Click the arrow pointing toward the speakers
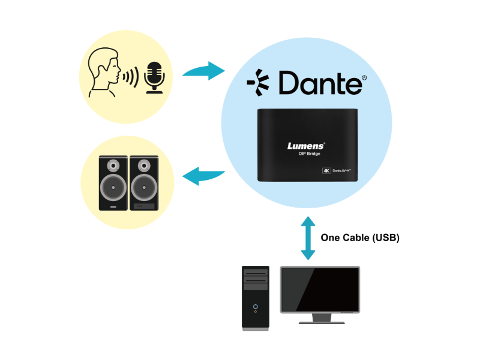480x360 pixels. click(x=203, y=176)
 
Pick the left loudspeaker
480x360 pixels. click(x=113, y=183)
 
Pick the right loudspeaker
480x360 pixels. click(x=145, y=183)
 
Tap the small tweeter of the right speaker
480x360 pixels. click(x=145, y=165)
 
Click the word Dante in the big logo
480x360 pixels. click(x=321, y=83)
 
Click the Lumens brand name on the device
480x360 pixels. click(x=307, y=145)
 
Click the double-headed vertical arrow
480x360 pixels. click(x=308, y=238)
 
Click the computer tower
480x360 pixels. click(x=256, y=297)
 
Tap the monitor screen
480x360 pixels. click(x=320, y=290)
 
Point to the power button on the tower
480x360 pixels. click(x=256, y=306)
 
